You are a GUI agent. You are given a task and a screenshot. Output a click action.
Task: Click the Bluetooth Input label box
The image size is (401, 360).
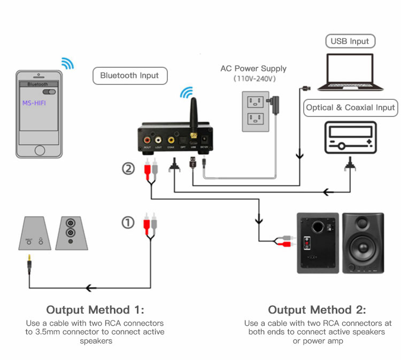click(129, 75)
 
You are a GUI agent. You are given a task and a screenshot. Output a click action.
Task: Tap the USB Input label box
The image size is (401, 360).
click(350, 41)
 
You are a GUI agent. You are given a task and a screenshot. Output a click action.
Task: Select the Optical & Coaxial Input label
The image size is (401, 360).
click(350, 107)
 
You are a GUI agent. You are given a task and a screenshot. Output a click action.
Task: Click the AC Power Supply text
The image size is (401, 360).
click(253, 68)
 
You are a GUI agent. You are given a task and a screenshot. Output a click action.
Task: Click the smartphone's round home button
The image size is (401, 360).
click(41, 148)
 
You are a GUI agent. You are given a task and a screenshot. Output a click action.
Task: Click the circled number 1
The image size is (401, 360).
click(128, 222)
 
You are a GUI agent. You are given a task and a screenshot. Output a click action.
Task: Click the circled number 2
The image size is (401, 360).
click(128, 169)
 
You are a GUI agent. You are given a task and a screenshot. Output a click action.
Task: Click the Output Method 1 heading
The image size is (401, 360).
click(95, 310)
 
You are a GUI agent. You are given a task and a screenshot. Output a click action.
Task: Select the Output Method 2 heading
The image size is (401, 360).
click(317, 310)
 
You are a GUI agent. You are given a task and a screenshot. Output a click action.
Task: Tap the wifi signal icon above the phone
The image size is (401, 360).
click(67, 63)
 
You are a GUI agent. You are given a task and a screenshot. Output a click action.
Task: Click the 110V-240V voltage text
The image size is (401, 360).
click(253, 79)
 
